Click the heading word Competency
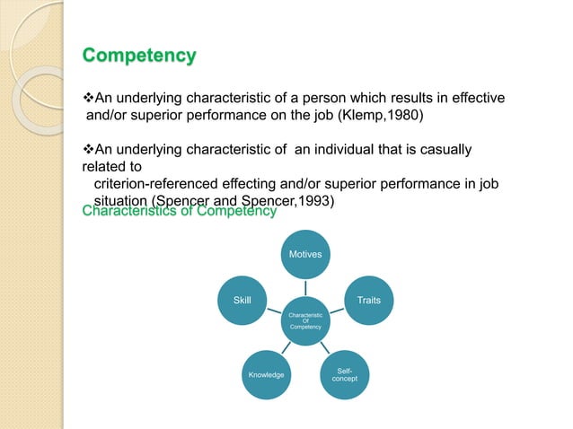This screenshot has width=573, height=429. [x=139, y=56]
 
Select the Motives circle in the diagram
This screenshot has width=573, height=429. [x=305, y=254]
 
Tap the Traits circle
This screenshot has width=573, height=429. [x=367, y=300]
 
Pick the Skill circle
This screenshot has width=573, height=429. [x=242, y=300]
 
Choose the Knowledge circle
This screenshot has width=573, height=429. [x=267, y=374]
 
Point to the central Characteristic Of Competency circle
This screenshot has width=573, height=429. [x=305, y=321]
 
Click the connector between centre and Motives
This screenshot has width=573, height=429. [x=305, y=287]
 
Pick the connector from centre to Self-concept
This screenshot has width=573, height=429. [x=324, y=348]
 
